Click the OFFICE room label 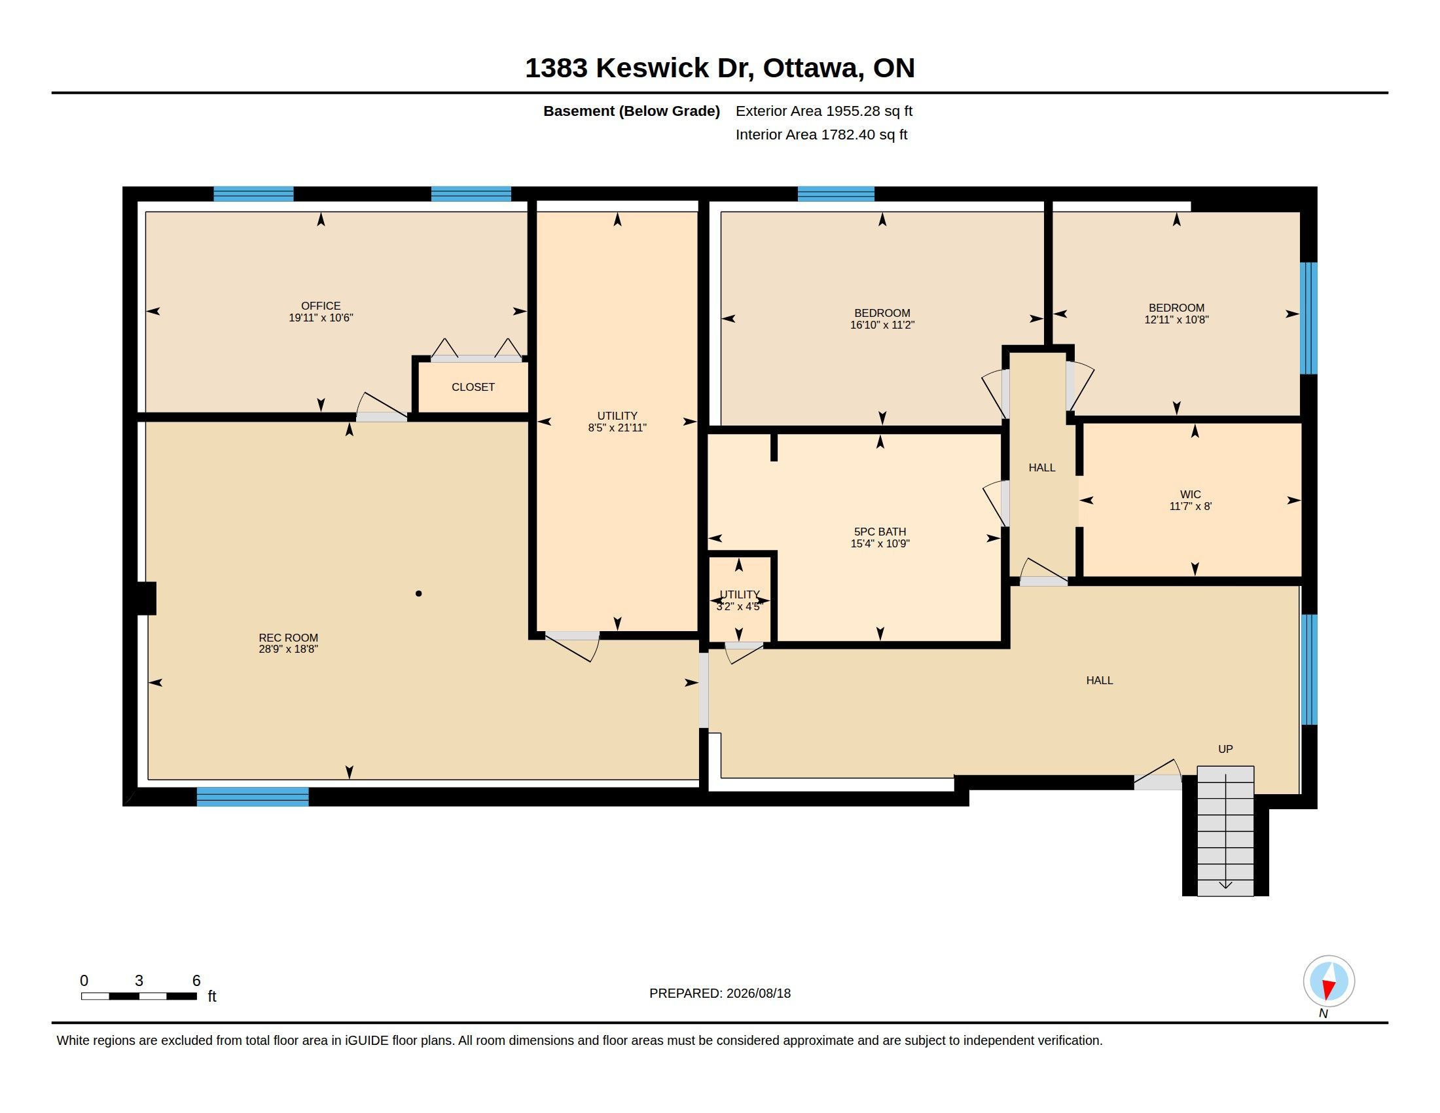pyautogui.click(x=321, y=306)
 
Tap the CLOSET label pyautogui.click(x=473, y=387)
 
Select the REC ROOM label pyautogui.click(x=288, y=638)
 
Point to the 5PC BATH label pyautogui.click(x=880, y=532)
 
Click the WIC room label pyautogui.click(x=1190, y=494)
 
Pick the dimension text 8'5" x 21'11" pyautogui.click(x=617, y=428)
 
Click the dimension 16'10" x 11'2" pyautogui.click(x=882, y=324)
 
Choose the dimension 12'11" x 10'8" pyautogui.click(x=1176, y=319)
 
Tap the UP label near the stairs pyautogui.click(x=1225, y=749)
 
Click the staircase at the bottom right pyautogui.click(x=1225, y=831)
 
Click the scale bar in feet pyautogui.click(x=139, y=996)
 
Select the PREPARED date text pyautogui.click(x=719, y=993)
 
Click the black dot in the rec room pyautogui.click(x=418, y=593)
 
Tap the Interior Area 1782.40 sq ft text pyautogui.click(x=821, y=134)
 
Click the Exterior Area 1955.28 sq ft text pyautogui.click(x=823, y=111)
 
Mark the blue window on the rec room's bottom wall pyautogui.click(x=253, y=797)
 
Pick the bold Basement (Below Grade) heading pyautogui.click(x=631, y=111)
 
